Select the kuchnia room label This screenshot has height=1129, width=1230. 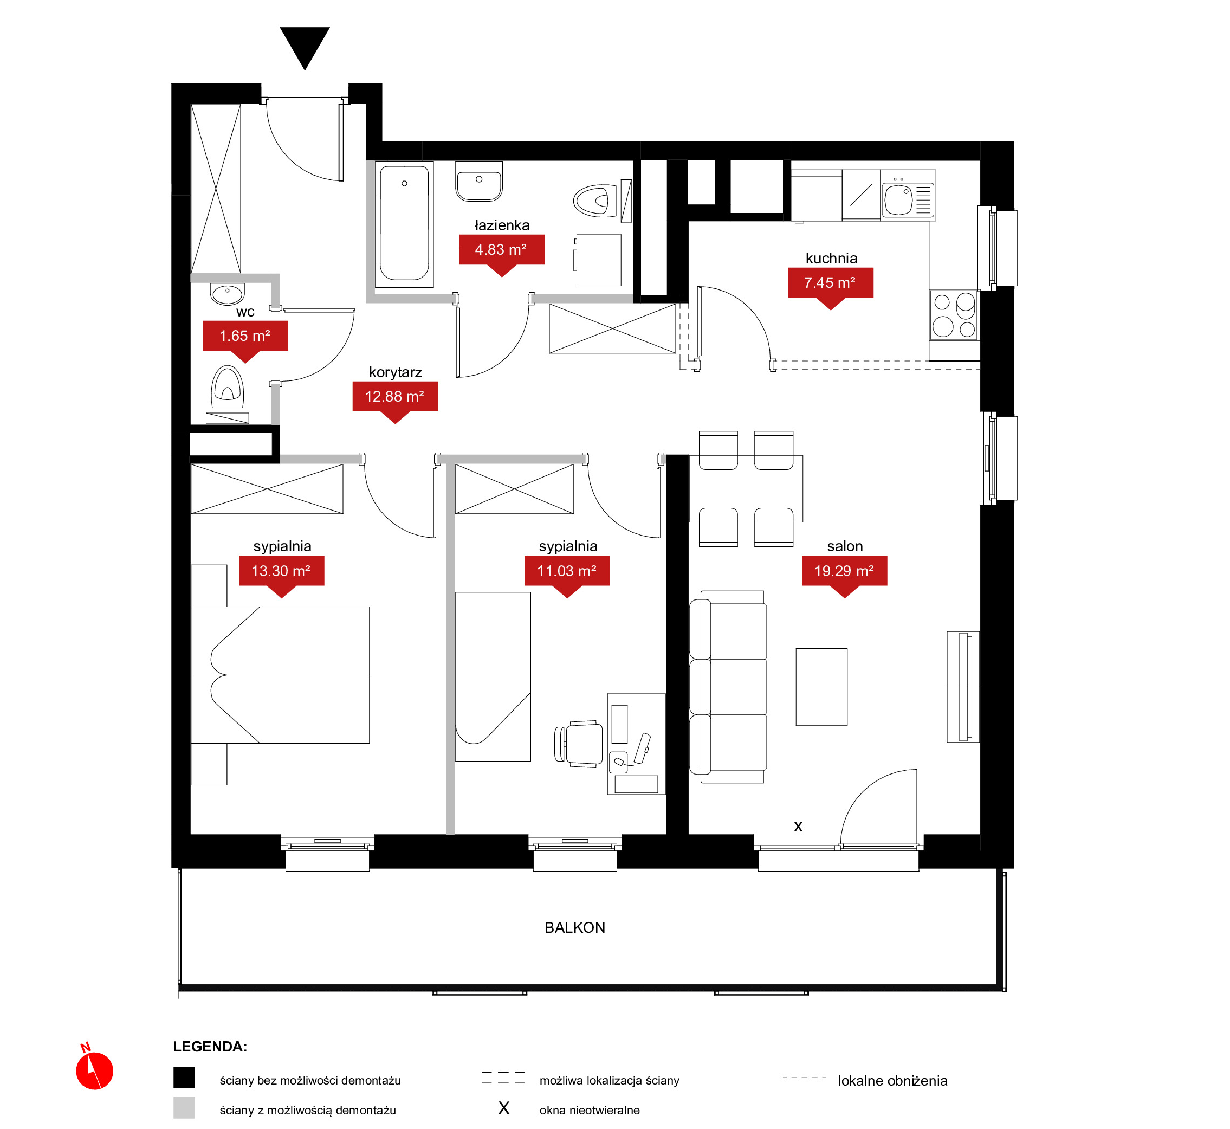[831, 259]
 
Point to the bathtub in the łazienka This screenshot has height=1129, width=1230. [404, 224]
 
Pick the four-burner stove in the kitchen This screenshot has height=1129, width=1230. [955, 315]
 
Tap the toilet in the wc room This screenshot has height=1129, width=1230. [228, 389]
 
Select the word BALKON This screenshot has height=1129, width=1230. [575, 928]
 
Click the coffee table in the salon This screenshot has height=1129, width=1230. [821, 687]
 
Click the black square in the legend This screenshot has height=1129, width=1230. [184, 1078]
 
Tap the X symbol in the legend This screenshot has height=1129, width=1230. [504, 1108]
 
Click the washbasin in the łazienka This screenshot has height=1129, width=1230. [480, 181]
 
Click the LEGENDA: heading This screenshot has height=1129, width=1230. [210, 1047]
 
